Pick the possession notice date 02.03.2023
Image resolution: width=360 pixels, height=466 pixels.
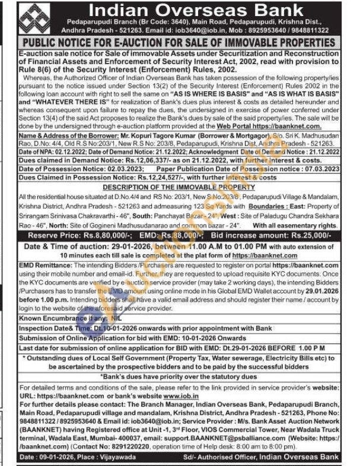click(123, 169)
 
